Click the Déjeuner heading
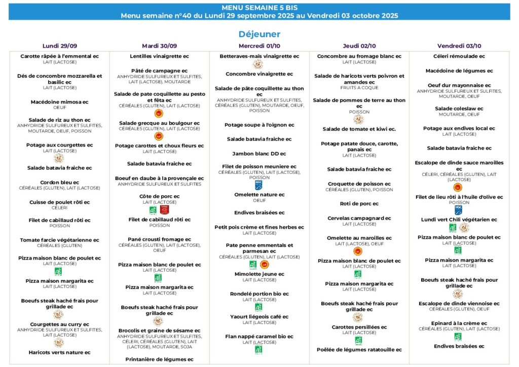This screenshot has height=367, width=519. tap(259, 34)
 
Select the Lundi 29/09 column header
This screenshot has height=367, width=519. tap(59, 46)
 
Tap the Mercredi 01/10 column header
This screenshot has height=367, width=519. tap(259, 46)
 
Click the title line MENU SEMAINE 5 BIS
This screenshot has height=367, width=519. tap(259, 8)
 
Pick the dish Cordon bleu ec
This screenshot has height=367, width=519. tap(59, 182)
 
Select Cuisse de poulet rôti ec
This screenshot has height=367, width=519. tap(59, 202)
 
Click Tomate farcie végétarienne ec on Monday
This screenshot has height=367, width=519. tap(59, 240)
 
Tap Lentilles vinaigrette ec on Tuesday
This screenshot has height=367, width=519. tap(159, 56)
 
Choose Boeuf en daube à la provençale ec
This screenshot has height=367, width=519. tap(159, 178)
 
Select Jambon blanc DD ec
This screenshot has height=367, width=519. tap(259, 154)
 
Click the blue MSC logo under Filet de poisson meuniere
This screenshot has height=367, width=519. tap(259, 186)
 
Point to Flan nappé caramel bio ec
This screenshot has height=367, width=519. tap(259, 336)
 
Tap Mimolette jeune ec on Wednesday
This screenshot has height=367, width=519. tap(259, 274)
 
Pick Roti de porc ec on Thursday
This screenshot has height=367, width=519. tap(359, 204)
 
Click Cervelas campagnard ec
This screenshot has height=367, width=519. tap(359, 218)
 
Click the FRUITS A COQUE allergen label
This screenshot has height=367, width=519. tap(359, 88)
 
